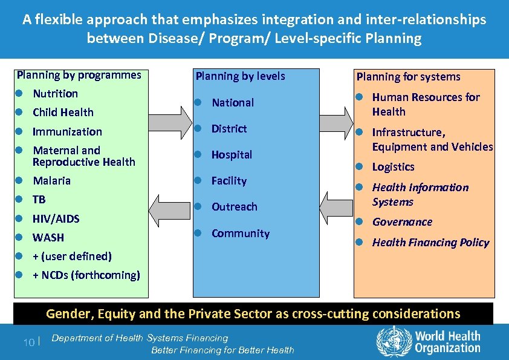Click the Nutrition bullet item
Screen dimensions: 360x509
[55, 94]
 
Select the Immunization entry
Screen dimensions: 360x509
[67, 132]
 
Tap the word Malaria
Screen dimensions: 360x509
[51, 181]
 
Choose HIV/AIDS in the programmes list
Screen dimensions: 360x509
[56, 219]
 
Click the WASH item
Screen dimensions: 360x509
[48, 238]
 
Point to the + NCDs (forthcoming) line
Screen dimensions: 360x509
[86, 275]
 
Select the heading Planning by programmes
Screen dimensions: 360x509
[79, 75]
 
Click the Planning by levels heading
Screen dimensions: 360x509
[240, 76]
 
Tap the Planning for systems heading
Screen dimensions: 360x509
[408, 77]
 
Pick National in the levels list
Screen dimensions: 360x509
[232, 103]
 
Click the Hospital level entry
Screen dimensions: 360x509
[232, 155]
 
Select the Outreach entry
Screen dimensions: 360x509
[234, 207]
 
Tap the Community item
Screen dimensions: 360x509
[240, 234]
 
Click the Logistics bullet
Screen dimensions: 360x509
[393, 167]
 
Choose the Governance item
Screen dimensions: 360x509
[402, 222]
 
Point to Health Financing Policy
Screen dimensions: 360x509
[430, 243]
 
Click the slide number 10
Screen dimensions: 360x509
[28, 342]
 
